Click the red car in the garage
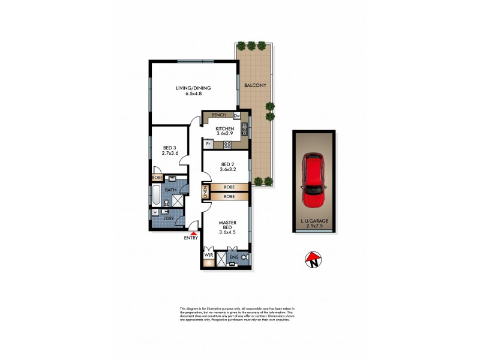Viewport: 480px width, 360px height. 314,180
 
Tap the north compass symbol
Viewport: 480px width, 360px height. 312,260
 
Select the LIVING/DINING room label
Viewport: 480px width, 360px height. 193,88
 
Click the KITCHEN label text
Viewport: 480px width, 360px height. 224,128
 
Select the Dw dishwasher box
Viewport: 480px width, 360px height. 236,115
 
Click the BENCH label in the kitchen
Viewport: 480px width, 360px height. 218,115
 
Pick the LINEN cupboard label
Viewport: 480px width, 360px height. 205,192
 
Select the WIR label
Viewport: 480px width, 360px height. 208,256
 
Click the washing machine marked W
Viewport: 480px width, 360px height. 155,212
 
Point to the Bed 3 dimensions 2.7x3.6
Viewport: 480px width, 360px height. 170,154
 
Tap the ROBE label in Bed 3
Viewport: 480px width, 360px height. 157,178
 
